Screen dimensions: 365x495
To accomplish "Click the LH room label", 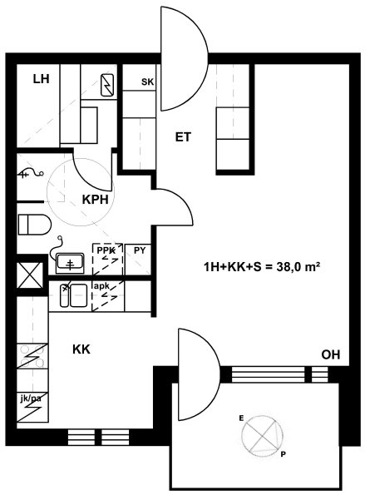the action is [x=42, y=79].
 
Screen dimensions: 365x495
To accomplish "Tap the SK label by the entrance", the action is [x=147, y=82].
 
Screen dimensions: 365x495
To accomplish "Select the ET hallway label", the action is [x=183, y=137].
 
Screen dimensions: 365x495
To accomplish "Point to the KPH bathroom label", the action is [x=96, y=200].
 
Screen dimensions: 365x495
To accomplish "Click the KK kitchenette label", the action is [x=81, y=349].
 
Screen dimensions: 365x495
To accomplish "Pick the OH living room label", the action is [x=331, y=355].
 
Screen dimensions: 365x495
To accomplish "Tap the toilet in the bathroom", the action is [x=34, y=225].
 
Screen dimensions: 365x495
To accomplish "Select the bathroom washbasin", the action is [x=70, y=263].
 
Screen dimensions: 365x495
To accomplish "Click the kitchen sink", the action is [x=73, y=295].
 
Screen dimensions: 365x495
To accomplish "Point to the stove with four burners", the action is [x=32, y=356].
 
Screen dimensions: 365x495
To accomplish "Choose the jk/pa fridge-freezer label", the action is [x=30, y=398].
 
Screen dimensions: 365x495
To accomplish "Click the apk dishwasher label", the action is [x=101, y=286].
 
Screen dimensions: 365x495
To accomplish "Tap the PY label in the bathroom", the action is [x=140, y=250].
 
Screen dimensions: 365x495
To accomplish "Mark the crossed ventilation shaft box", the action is [x=30, y=275].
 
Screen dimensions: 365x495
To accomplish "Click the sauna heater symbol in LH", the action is [x=107, y=85].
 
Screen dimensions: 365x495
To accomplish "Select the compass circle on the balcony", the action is [x=262, y=436].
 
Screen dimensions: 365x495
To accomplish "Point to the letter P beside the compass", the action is [x=283, y=454].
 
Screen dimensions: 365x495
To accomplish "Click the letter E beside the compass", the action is [x=241, y=418].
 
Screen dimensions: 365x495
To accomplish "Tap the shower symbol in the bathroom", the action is [x=31, y=173].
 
